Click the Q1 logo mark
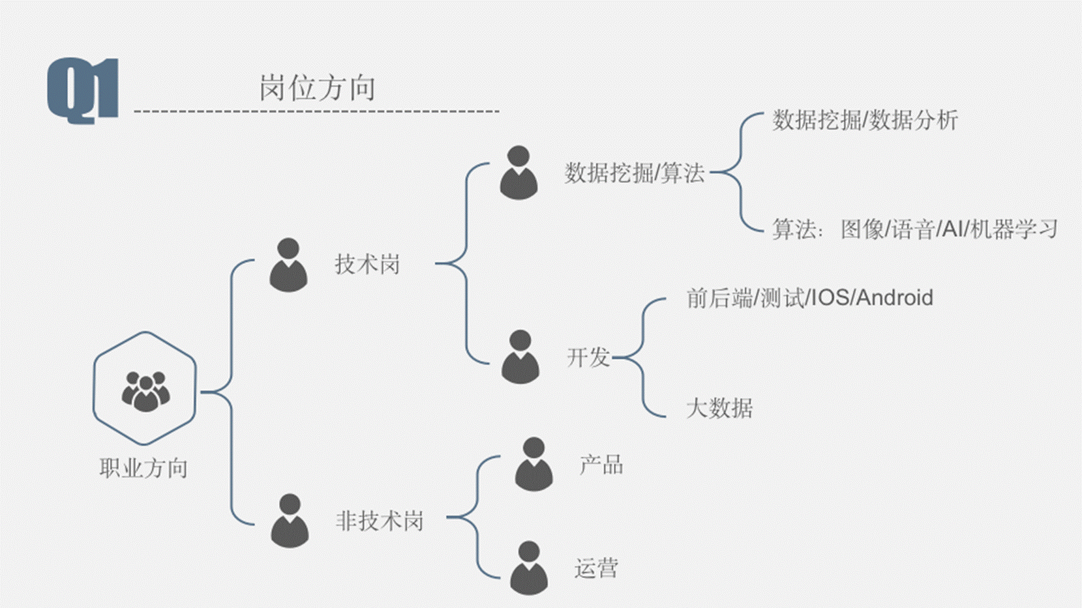click(x=83, y=90)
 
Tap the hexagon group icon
click(x=145, y=388)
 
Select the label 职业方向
click(x=143, y=468)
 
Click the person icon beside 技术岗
click(x=288, y=265)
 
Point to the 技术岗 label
click(x=367, y=265)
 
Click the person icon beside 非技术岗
click(x=290, y=521)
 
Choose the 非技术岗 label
click(x=380, y=521)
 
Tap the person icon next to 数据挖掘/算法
click(x=518, y=173)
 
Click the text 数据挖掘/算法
click(x=634, y=173)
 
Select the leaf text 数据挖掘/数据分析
click(x=865, y=121)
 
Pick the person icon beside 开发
click(x=520, y=356)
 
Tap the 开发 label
click(x=588, y=357)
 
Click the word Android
click(x=894, y=298)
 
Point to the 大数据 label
click(x=719, y=409)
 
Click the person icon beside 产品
click(x=533, y=464)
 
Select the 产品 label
click(x=601, y=465)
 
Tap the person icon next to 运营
click(x=529, y=568)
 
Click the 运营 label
click(x=596, y=568)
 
